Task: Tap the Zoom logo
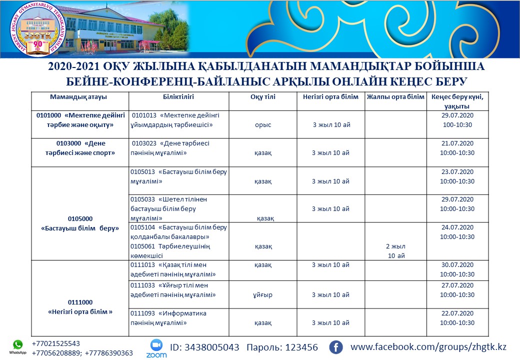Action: click(x=156, y=347)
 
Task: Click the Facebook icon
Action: click(x=335, y=347)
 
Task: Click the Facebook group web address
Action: click(x=428, y=346)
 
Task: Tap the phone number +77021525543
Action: click(x=55, y=343)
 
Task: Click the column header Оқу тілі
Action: click(x=263, y=97)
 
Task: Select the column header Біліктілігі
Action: click(x=178, y=97)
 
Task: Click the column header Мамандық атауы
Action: click(x=78, y=97)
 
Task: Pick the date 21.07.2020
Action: click(x=457, y=143)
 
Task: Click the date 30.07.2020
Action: click(x=457, y=265)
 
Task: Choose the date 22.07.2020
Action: click(x=457, y=313)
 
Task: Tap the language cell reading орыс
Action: click(x=263, y=125)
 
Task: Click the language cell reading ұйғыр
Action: click(x=263, y=295)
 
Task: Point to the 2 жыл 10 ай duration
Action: click(x=395, y=251)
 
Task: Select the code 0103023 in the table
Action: click(x=145, y=143)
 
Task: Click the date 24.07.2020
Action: click(x=457, y=227)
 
